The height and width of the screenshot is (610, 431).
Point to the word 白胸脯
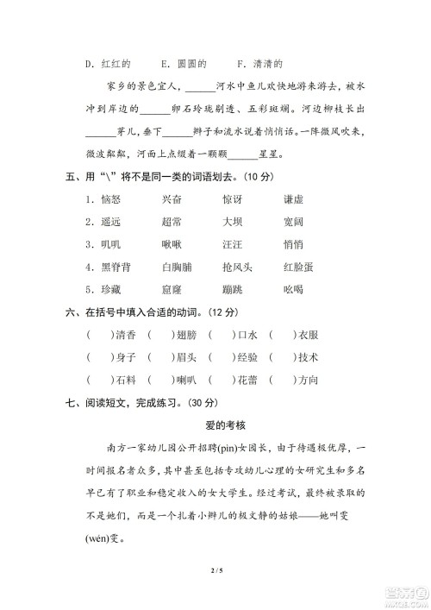click(178, 266)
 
